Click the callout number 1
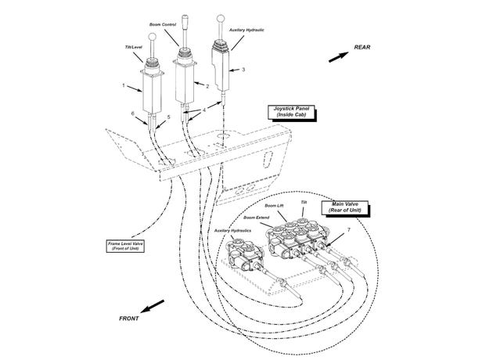click(x=124, y=85)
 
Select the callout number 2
click(x=207, y=86)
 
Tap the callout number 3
click(x=243, y=70)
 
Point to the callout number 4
click(x=204, y=110)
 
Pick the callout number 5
click(x=168, y=117)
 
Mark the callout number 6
click(x=133, y=113)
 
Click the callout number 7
click(x=349, y=230)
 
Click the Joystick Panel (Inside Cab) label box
click(x=292, y=113)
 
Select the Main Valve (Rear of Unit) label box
click(x=346, y=208)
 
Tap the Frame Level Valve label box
click(x=125, y=247)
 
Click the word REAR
click(x=362, y=48)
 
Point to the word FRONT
click(x=129, y=319)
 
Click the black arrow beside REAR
click(x=339, y=57)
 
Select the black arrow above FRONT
click(x=153, y=306)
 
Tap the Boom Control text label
click(x=163, y=24)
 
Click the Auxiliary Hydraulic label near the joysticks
click(x=246, y=31)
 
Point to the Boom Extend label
click(x=256, y=218)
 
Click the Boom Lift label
click(x=274, y=206)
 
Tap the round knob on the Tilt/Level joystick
click(x=152, y=37)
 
